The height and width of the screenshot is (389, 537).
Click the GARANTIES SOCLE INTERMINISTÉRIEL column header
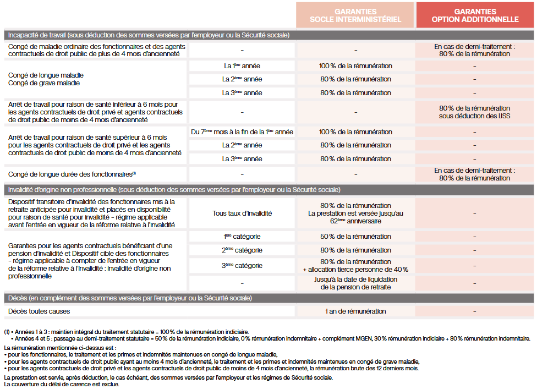(355, 15)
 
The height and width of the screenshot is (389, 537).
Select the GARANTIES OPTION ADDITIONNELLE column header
(475, 15)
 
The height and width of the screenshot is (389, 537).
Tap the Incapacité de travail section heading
(149, 35)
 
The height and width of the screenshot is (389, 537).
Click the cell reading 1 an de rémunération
(355, 311)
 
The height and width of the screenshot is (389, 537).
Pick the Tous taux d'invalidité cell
(242, 213)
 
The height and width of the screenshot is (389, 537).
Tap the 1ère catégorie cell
(242, 237)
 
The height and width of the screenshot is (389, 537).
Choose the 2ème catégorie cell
(242, 250)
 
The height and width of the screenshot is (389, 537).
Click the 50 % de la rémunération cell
(355, 237)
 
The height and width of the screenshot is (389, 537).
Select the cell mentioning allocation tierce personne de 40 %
(355, 266)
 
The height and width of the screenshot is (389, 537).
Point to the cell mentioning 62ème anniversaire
(355, 213)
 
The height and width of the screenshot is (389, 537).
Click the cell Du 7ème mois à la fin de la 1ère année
(242, 132)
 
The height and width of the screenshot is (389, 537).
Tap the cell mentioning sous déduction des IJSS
(475, 112)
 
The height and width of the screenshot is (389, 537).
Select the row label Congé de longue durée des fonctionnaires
(72, 174)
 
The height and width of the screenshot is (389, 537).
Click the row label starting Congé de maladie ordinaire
(96, 50)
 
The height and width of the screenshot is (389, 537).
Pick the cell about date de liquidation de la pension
(355, 283)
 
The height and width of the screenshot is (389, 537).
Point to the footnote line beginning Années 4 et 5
(270, 338)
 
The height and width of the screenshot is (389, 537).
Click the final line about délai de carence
(61, 384)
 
